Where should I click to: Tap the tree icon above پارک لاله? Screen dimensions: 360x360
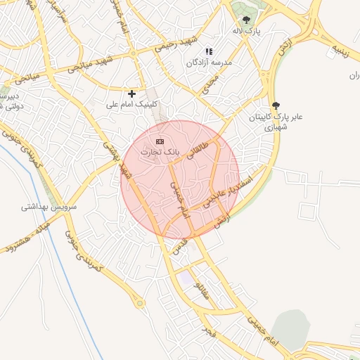click(x=245, y=20)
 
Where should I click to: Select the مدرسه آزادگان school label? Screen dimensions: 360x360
click(x=209, y=63)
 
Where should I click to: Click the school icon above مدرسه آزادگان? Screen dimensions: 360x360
click(x=208, y=51)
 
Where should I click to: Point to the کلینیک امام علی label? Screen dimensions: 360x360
click(x=130, y=104)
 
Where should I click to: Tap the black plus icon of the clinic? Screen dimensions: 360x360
click(x=131, y=93)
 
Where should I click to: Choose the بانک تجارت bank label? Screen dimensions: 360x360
click(x=160, y=152)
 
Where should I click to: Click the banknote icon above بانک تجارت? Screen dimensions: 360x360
click(x=160, y=141)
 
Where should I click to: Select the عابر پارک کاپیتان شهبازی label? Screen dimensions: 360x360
click(x=277, y=122)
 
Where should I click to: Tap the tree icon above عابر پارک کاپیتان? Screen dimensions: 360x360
click(x=275, y=105)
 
